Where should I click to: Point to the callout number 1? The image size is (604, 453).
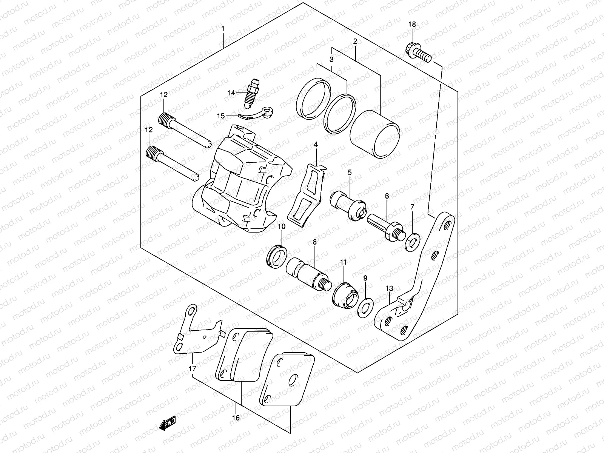point(223,29)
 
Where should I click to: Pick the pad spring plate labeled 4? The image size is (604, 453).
point(306,194)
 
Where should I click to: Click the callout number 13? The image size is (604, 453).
point(389,289)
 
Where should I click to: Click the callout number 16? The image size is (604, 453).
point(236,418)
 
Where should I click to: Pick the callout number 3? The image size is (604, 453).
point(331,59)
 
